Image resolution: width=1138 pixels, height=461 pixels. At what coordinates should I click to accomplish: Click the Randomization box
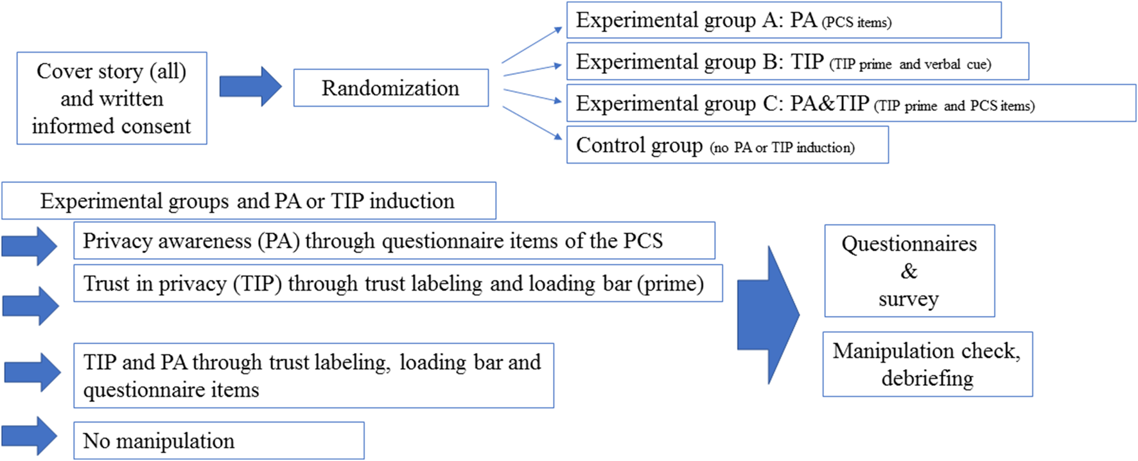pyautogui.click(x=390, y=88)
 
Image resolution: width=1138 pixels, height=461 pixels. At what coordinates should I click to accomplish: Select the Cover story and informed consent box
pyautogui.click(x=112, y=98)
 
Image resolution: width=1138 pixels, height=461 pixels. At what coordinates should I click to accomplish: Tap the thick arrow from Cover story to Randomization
pyautogui.click(x=250, y=86)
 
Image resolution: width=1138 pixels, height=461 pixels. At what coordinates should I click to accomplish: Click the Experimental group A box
pyautogui.click(x=783, y=21)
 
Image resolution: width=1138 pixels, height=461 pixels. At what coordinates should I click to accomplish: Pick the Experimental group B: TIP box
pyautogui.click(x=797, y=62)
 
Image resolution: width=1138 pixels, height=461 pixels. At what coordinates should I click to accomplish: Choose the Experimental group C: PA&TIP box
pyautogui.click(x=851, y=103)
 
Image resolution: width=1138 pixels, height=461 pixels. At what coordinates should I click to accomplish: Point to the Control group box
pyautogui.click(x=727, y=145)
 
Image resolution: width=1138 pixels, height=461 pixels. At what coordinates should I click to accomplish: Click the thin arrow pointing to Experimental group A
pyautogui.click(x=532, y=45)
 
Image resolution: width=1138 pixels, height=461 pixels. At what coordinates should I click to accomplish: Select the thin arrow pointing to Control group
pyautogui.click(x=532, y=123)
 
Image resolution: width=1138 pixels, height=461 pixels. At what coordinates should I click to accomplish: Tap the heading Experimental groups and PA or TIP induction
pyautogui.click(x=248, y=201)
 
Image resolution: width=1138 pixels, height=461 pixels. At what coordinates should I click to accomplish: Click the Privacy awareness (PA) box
pyautogui.click(x=394, y=241)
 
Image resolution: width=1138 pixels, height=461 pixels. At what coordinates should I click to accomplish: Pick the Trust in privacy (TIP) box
pyautogui.click(x=398, y=283)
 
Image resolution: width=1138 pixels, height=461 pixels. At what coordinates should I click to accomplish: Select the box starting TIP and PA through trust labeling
pyautogui.click(x=313, y=376)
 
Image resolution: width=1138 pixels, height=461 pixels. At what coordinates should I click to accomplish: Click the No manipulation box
pyautogui.click(x=218, y=440)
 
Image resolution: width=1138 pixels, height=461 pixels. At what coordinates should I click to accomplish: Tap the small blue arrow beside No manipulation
pyautogui.click(x=30, y=437)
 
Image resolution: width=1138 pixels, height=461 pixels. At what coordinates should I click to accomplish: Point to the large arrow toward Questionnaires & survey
pyautogui.click(x=768, y=315)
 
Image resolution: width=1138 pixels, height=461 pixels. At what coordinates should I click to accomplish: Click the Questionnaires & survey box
pyautogui.click(x=909, y=271)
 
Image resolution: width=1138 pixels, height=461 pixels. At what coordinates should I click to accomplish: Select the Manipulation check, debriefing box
pyautogui.click(x=927, y=364)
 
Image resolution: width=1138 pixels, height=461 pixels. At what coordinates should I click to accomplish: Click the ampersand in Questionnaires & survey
pyautogui.click(x=909, y=271)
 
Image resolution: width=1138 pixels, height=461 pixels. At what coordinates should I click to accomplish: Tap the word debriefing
pyautogui.click(x=927, y=378)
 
